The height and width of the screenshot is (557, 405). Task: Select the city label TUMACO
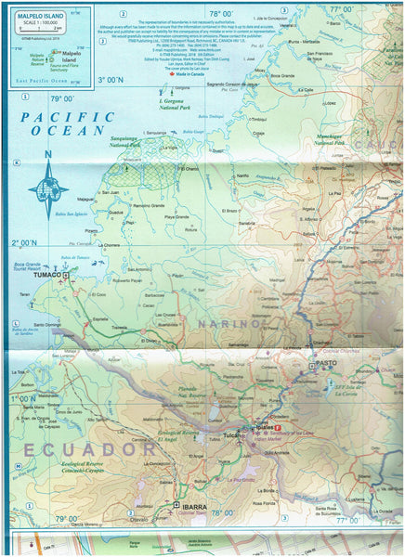coord(47,276)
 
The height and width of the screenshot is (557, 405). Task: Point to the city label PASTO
coord(326,363)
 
